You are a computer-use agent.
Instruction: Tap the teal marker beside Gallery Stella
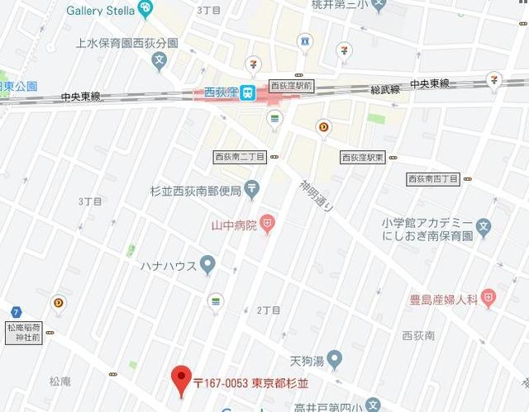[x=146, y=9]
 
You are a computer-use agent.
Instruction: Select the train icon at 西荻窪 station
[x=247, y=94]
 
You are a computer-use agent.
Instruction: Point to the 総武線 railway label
[x=384, y=88]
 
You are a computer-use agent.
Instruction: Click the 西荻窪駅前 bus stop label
[x=291, y=85]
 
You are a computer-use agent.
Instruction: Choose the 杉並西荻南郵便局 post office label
[x=195, y=191]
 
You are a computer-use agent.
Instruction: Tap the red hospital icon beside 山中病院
[x=267, y=223]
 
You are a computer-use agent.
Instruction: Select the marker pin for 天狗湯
[x=334, y=359]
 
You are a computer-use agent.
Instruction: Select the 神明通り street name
[x=315, y=196]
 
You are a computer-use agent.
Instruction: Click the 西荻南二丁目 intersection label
[x=240, y=156]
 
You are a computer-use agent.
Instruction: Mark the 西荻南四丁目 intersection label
[x=433, y=178]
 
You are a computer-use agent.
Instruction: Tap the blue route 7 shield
[x=16, y=311]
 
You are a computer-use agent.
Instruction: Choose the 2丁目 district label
[x=269, y=310]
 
